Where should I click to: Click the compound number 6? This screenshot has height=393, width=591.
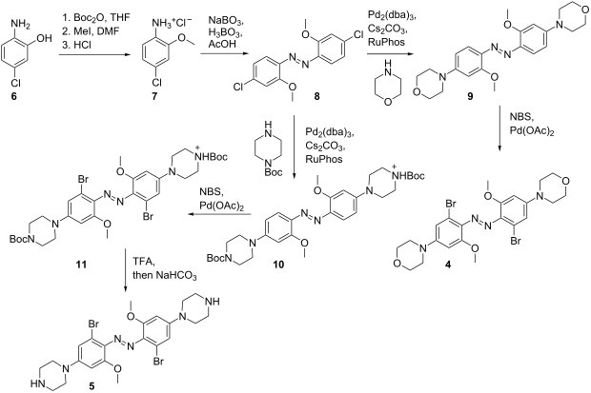(x=14, y=97)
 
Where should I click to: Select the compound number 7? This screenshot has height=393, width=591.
(x=155, y=97)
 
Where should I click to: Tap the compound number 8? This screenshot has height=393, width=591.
(x=316, y=96)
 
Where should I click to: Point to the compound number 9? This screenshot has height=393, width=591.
(x=470, y=97)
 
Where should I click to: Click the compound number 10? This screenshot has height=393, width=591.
(x=278, y=265)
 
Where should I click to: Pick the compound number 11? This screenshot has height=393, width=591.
(x=81, y=265)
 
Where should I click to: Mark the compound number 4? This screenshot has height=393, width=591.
(x=447, y=265)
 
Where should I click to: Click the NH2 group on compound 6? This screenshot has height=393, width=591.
(x=20, y=24)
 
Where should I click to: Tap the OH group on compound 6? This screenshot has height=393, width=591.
(x=45, y=38)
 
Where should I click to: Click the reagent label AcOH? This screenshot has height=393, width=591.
(x=222, y=44)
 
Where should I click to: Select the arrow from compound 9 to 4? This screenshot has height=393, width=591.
(x=499, y=129)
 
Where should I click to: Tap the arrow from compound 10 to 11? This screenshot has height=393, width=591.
(x=220, y=214)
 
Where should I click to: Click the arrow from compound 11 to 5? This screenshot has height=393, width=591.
(x=125, y=269)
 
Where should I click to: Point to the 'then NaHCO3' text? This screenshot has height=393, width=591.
(x=165, y=276)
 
